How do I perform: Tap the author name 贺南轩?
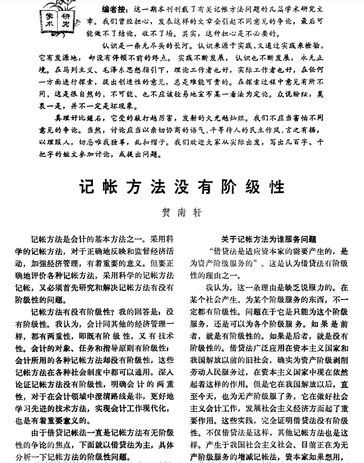click(181, 212)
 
